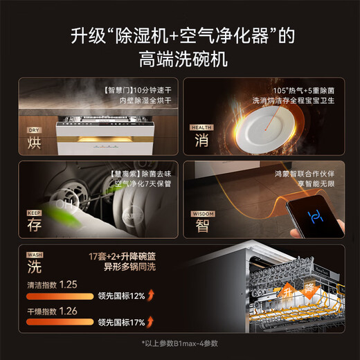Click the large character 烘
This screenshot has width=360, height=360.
point(33,143)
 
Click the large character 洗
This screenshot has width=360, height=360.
point(33,266)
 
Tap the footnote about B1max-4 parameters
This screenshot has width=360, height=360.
point(179,343)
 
